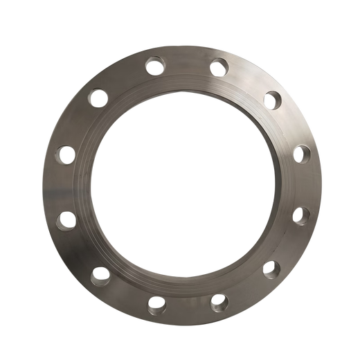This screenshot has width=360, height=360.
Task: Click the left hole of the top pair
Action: click(x=152, y=66)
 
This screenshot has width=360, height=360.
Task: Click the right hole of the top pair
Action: click(x=219, y=67)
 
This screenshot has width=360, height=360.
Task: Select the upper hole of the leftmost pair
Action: click(x=66, y=150)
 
